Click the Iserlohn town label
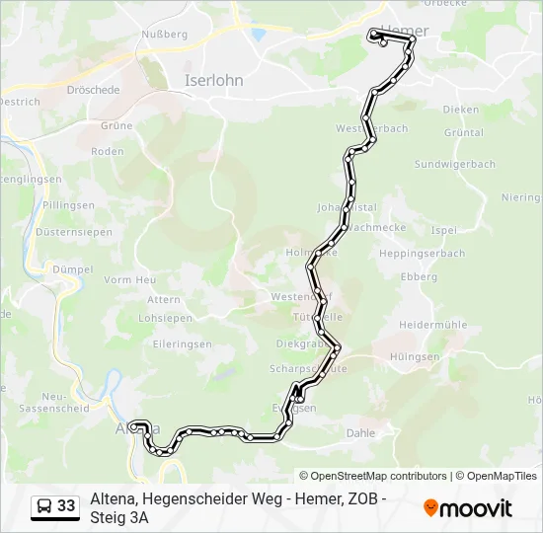pos(214,81)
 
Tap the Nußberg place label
pos(165,34)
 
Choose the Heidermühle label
pos(432,325)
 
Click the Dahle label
pos(361,433)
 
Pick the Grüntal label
pos(463,132)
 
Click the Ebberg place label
pos(419,277)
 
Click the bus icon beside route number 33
pos(44,506)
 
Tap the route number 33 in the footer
pos(66,506)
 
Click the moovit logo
pos(468,508)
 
